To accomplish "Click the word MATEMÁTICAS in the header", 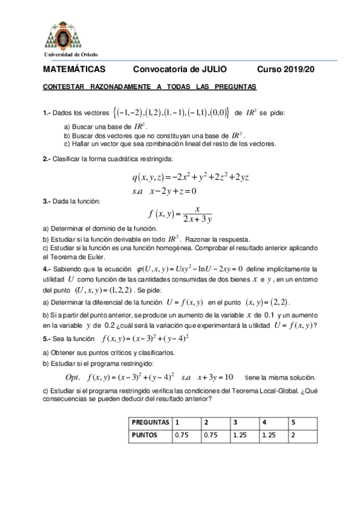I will [74, 70].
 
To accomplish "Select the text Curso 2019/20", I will [285, 70].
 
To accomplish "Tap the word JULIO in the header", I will [215, 70].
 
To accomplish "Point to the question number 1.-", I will [48, 112].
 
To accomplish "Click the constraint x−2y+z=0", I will [174, 191].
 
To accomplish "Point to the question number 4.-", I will [47, 269].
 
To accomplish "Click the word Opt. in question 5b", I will [73, 377].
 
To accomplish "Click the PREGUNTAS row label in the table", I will [150, 422].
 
